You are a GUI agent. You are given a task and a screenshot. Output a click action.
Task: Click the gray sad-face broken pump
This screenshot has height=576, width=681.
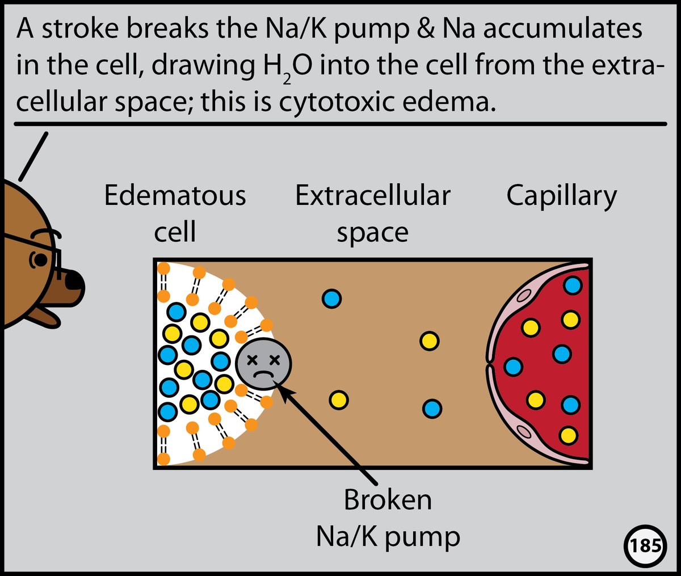tap(263, 363)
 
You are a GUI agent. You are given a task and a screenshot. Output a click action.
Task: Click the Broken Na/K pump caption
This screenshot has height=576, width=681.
tap(388, 518)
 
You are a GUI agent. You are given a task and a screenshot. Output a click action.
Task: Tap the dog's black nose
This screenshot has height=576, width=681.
tap(75, 282)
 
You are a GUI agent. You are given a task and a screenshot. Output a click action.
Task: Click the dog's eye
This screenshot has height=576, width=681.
tap(40, 260)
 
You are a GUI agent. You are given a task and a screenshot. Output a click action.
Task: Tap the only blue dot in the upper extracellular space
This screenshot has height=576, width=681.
tap(331, 298)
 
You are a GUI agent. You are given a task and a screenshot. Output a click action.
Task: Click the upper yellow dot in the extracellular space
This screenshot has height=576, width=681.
tap(430, 341)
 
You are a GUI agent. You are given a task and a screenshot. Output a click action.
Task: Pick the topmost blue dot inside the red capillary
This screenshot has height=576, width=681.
tap(573, 285)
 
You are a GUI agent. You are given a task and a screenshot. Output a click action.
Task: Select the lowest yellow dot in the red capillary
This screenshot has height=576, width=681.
tap(568, 436)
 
